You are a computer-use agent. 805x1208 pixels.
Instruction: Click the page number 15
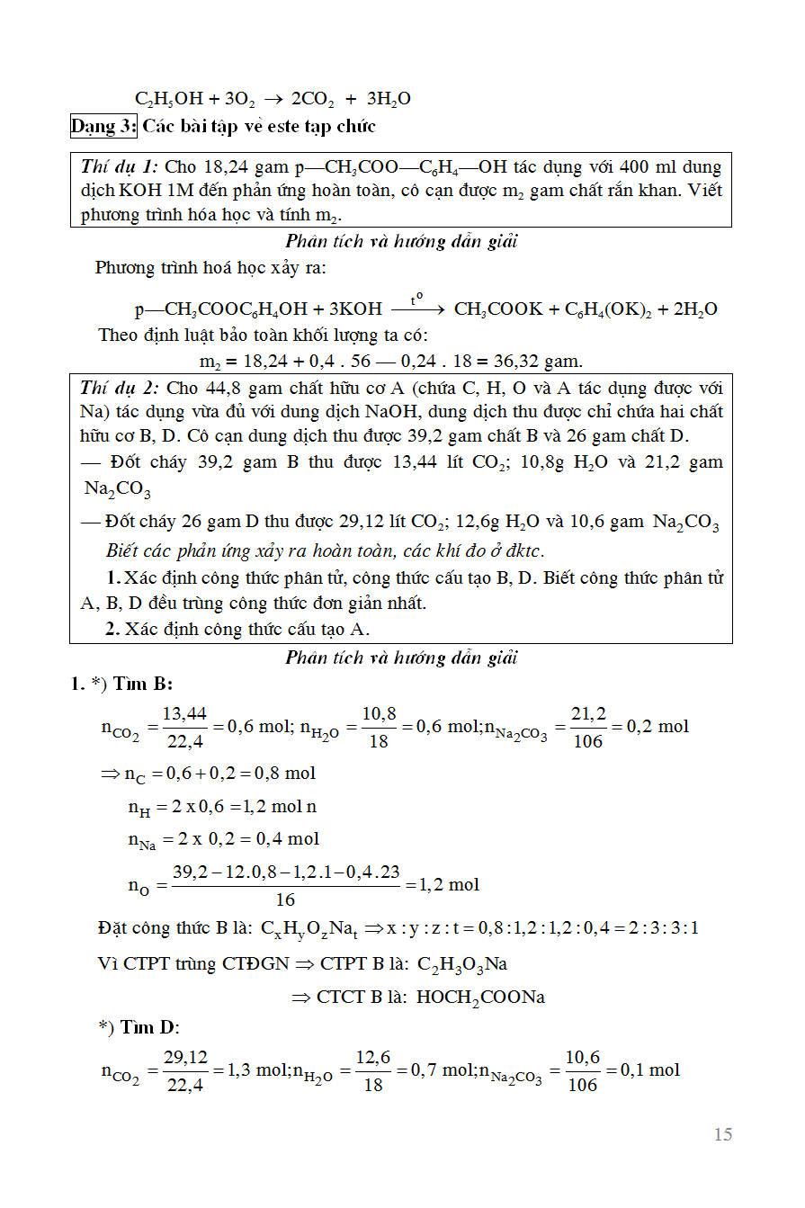723,1134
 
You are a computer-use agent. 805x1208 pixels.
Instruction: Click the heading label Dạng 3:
103,126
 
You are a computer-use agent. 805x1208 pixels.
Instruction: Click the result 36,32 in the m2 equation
514,362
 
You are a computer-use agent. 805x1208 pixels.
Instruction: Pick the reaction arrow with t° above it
418,308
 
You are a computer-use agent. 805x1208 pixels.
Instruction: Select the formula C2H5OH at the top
169,99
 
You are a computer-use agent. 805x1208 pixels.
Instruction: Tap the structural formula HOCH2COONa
480,998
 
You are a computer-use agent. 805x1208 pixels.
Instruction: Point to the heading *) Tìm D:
139,1027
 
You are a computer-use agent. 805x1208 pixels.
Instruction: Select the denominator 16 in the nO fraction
285,899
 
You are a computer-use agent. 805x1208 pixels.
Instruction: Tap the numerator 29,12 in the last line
185,1057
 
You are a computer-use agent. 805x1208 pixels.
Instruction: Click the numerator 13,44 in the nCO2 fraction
185,713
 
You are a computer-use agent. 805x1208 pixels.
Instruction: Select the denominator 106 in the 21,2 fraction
586,741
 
